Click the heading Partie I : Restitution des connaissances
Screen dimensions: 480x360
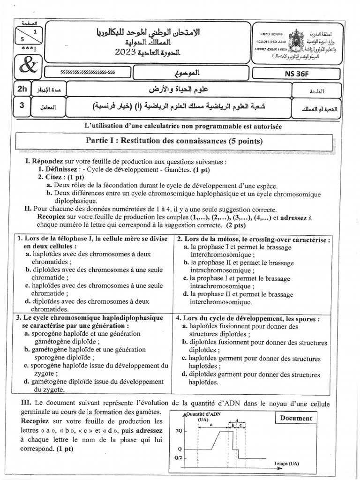pyautogui.click(x=174, y=141)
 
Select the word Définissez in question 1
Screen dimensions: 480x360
pyautogui.click(x=58, y=169)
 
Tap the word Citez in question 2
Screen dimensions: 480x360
pyautogui.click(x=55, y=177)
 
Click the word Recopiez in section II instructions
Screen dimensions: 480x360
pyautogui.click(x=52, y=217)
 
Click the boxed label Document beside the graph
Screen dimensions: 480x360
pyautogui.click(x=296, y=418)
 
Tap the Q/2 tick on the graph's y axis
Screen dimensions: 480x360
pyautogui.click(x=178, y=458)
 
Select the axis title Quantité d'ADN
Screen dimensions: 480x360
pyautogui.click(x=203, y=414)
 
